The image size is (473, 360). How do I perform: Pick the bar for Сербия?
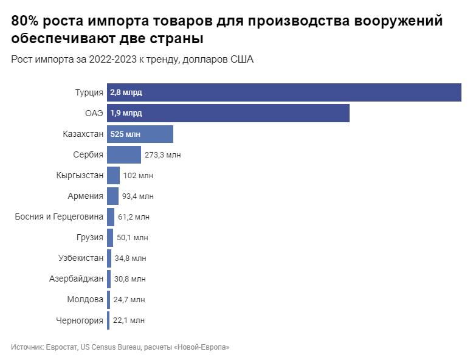pyautogui.click(x=124, y=154)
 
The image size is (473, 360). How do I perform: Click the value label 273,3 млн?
pyautogui.click(x=162, y=155)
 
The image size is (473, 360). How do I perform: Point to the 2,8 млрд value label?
pyautogui.click(x=126, y=92)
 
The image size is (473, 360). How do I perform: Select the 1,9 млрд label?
pyautogui.click(x=126, y=113)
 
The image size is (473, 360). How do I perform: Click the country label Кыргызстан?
pyautogui.click(x=79, y=176)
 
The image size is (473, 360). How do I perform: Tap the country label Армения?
pyautogui.click(x=85, y=196)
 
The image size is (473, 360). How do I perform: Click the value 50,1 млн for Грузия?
pyautogui.click(x=132, y=238)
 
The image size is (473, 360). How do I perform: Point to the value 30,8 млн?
pyautogui.click(x=130, y=279)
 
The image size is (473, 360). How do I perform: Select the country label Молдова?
pyautogui.click(x=85, y=300)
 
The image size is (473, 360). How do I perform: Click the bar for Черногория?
pyautogui.click(x=108, y=320)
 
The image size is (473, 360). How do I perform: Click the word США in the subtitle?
pyautogui.click(x=241, y=60)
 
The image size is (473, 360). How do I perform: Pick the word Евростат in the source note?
pyautogui.click(x=61, y=347)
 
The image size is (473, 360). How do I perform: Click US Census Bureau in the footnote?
pyautogui.click(x=111, y=347)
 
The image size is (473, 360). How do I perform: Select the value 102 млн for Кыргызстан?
pyautogui.click(x=138, y=176)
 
